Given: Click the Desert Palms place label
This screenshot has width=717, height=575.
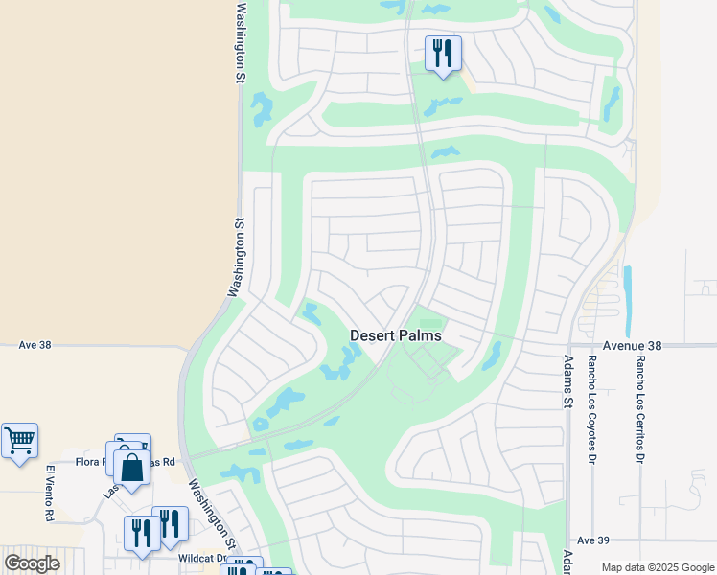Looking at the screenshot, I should click(x=395, y=335).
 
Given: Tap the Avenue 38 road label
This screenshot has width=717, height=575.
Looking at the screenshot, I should click(x=632, y=345).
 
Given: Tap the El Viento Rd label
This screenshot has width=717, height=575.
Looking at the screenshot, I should click(x=49, y=493).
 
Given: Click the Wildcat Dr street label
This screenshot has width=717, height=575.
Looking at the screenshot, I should click(x=200, y=557).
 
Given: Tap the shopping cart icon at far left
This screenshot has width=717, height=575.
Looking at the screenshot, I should click(x=19, y=441).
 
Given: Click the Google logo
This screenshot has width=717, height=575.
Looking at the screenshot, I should click(x=32, y=563).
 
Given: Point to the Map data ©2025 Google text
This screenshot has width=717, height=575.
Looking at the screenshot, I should click(x=657, y=567).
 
